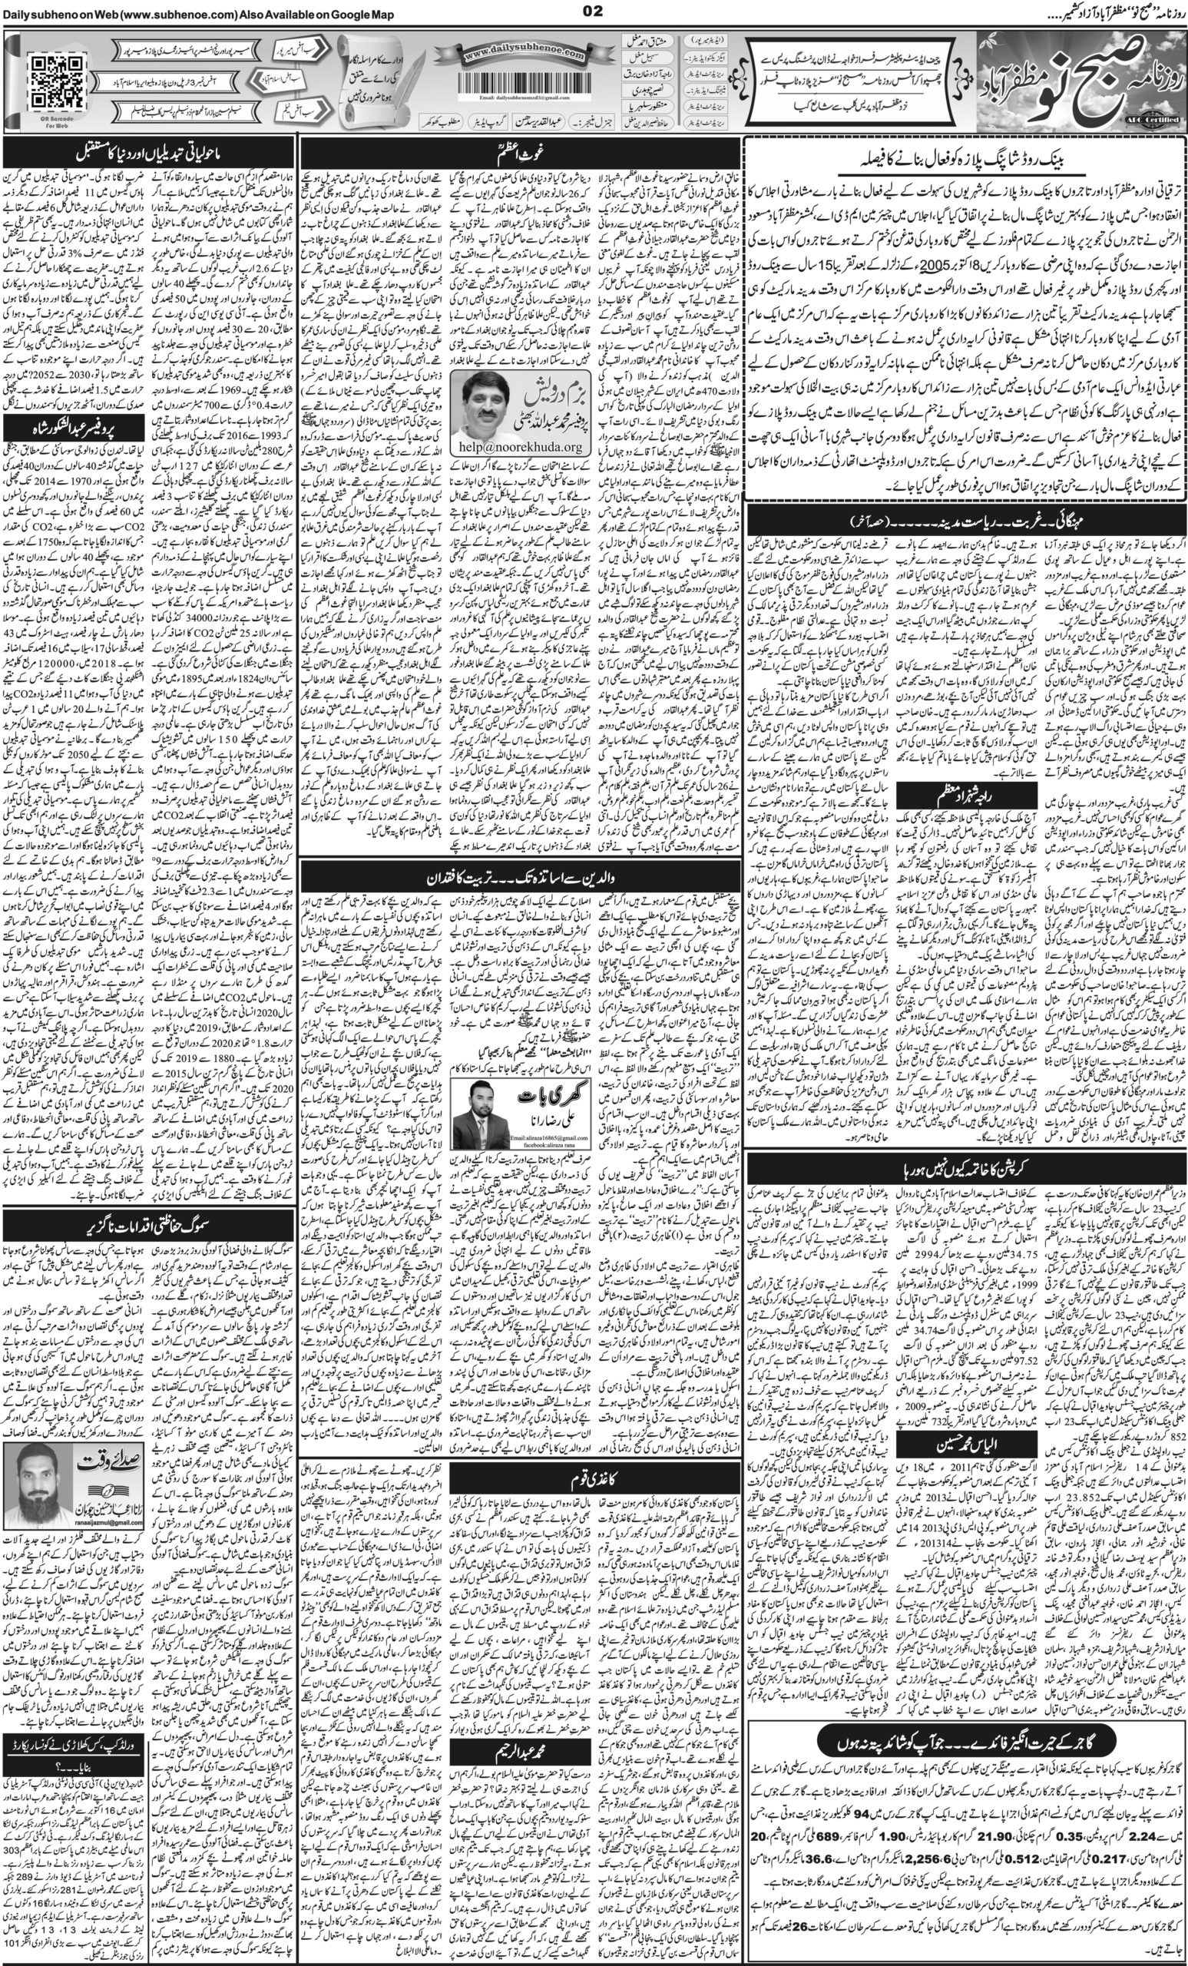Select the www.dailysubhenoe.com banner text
(524, 52)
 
